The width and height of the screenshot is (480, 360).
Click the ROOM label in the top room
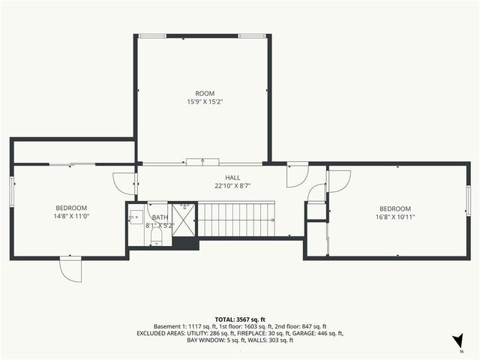coord(201,94)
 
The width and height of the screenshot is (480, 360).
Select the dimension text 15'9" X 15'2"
coord(201,102)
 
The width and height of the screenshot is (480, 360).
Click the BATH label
coord(160,217)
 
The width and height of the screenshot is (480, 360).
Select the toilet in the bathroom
coord(157,238)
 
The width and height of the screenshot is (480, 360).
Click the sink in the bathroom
coord(134,218)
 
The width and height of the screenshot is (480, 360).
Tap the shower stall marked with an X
coord(183,220)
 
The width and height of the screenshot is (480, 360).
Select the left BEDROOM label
coord(71,208)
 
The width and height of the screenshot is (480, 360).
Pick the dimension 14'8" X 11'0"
coord(71,216)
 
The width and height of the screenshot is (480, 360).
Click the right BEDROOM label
coord(394,208)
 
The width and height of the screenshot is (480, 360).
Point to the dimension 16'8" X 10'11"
coord(394,217)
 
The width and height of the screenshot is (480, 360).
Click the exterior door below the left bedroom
coord(71,268)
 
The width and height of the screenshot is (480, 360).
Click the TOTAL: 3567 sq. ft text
coord(239,319)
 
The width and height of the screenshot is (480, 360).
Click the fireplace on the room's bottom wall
coord(202,160)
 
